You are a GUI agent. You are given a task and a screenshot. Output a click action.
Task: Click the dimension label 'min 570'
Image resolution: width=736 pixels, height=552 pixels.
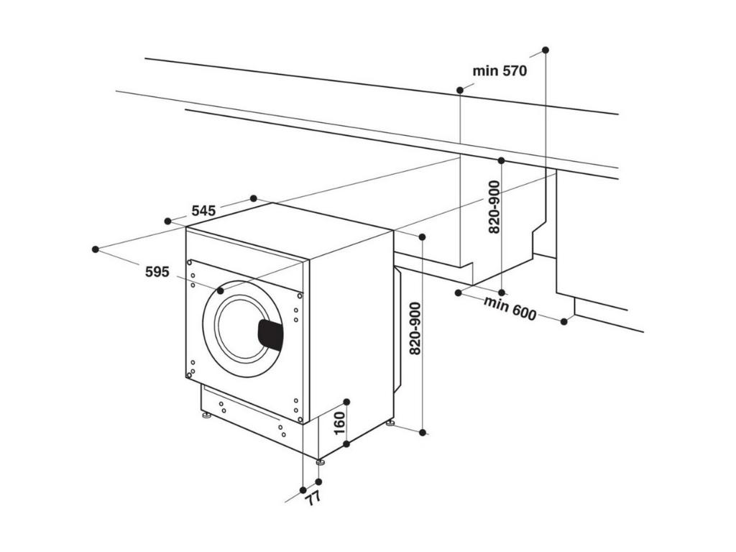[500, 71]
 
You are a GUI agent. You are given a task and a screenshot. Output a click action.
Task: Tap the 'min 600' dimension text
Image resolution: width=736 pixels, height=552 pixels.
[510, 308]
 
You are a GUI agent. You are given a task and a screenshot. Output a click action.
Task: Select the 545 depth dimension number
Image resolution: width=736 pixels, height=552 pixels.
[203, 211]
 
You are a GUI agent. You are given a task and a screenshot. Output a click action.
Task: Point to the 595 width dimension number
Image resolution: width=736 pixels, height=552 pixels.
[157, 272]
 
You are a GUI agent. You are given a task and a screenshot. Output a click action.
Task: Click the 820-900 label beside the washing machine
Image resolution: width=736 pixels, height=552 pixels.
[415, 330]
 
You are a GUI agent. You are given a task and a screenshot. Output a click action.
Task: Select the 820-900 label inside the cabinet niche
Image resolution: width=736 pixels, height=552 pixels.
[494, 207]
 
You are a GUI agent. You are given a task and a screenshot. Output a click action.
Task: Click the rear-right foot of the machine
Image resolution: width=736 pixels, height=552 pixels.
[390, 423]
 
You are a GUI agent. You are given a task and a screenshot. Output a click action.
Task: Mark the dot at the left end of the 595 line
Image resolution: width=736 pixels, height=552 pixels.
[96, 249]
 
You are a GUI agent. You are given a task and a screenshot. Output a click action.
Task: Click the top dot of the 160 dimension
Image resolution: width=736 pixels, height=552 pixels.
[346, 401]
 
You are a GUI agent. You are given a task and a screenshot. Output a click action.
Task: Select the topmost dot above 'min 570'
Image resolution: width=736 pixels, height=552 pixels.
[546, 50]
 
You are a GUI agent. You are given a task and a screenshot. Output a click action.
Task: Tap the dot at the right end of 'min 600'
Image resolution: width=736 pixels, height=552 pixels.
[564, 321]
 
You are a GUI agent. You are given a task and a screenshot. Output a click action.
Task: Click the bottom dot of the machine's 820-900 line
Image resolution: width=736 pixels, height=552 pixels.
[423, 432]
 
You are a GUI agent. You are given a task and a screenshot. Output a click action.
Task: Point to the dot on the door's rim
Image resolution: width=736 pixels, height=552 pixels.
[220, 290]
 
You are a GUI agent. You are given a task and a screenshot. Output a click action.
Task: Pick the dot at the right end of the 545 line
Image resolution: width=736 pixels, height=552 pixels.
[253, 198]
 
